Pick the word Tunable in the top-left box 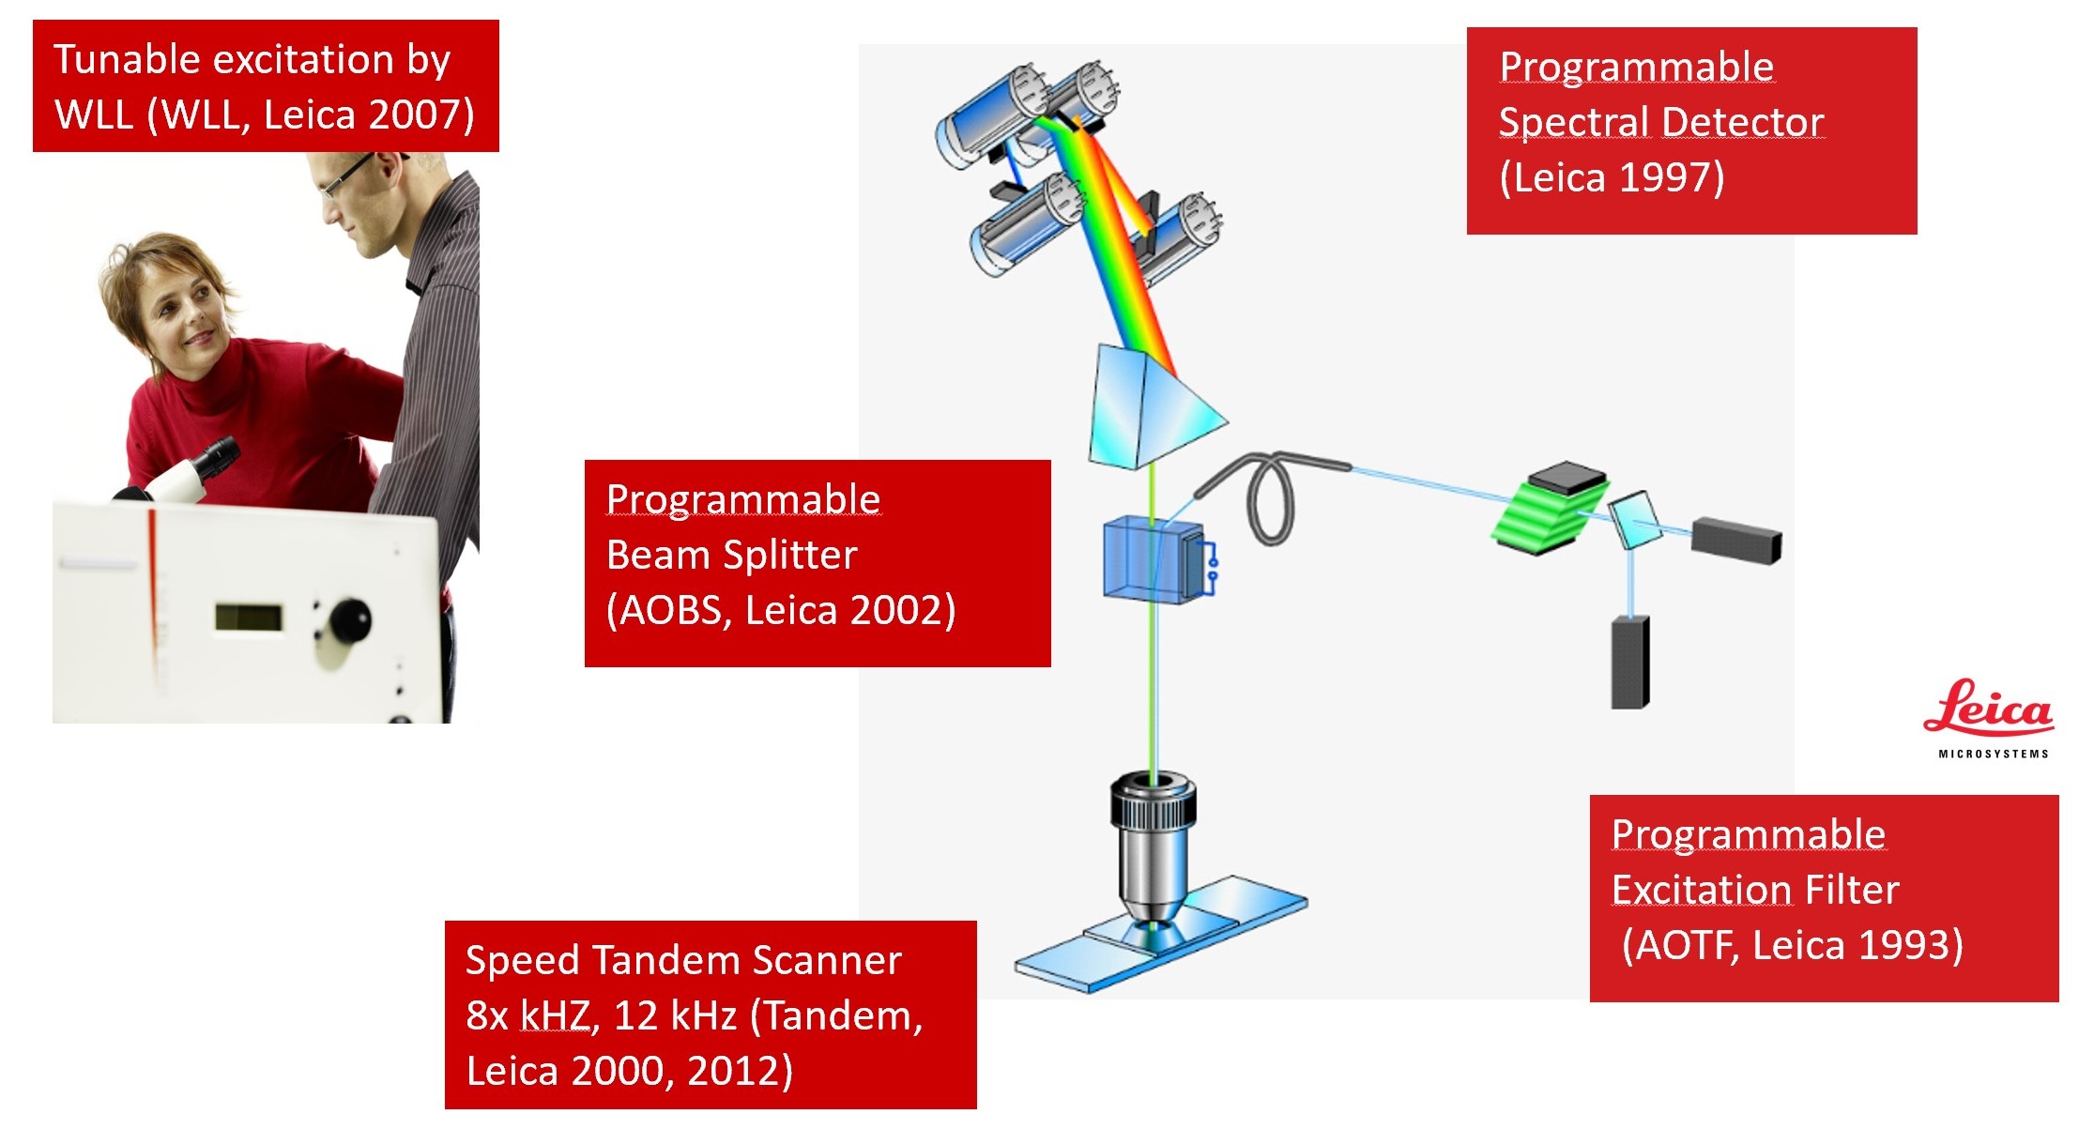pos(126,60)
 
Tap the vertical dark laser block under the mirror pos(1630,662)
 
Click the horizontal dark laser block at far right pos(1736,539)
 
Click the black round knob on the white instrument pos(348,620)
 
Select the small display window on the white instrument pos(249,617)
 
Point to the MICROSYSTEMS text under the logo pos(1994,754)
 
